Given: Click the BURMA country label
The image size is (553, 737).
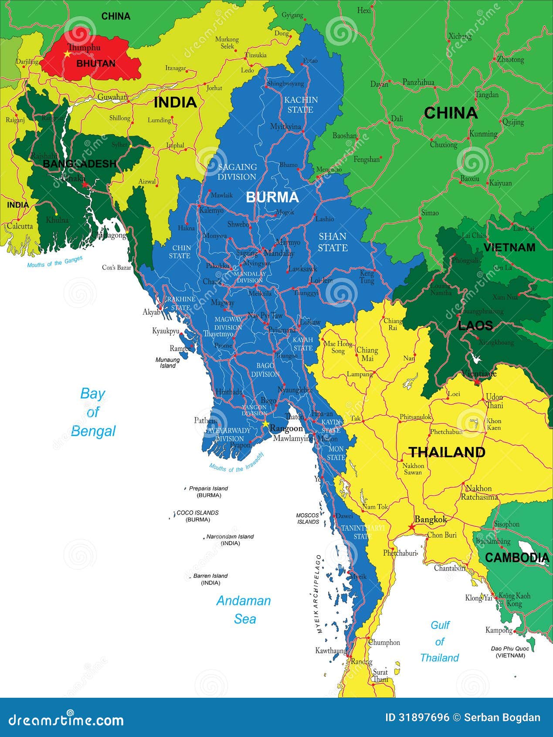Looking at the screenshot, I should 272,197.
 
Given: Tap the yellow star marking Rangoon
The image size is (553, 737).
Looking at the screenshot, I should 265,424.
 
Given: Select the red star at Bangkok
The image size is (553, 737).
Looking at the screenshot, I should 411,527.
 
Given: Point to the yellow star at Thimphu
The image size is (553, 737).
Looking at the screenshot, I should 67,54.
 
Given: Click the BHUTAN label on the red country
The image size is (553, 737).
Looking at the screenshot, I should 96,64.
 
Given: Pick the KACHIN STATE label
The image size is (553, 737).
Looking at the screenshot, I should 301,105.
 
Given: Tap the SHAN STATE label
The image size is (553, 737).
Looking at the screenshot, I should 332,242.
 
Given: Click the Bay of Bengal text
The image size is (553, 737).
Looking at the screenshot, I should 93,412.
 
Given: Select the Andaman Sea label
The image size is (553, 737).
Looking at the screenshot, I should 244,610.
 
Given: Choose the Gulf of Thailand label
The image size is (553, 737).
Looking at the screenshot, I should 439,641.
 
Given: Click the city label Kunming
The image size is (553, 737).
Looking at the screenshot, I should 483,134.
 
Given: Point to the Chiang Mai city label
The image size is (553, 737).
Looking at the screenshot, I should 367,354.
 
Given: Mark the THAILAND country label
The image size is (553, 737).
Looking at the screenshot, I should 447,452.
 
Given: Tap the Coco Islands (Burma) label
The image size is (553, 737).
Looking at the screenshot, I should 197,516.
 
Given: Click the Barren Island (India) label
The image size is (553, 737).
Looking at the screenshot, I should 210,579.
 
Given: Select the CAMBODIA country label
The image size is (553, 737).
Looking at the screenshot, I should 517,557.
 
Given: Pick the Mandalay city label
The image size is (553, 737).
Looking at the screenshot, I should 279,253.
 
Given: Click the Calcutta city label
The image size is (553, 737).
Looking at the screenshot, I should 20,226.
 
